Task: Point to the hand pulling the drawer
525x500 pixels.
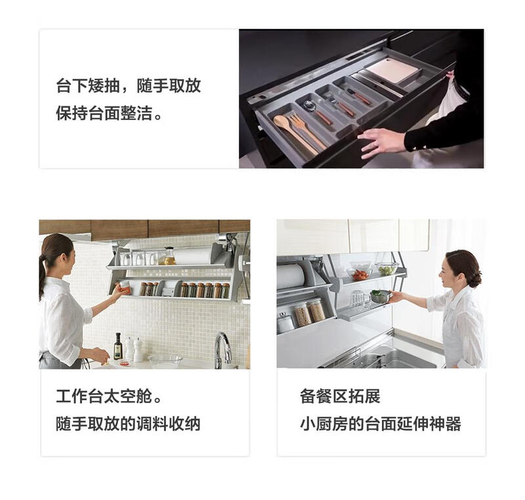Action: pos(381,140)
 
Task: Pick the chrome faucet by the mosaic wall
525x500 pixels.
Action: pos(222,348)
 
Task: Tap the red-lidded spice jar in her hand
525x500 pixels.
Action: pos(125,288)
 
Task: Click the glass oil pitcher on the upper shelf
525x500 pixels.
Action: pos(169,256)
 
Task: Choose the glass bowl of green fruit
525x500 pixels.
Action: pos(387,268)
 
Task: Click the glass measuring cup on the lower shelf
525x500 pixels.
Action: pos(358,299)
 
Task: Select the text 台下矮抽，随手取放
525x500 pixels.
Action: pos(128,86)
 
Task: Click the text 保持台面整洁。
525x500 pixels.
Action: pos(110,114)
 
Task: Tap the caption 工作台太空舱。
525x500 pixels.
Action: pos(109,396)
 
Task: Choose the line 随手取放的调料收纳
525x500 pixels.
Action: pos(128,423)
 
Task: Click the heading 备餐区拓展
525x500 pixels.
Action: pos(340,396)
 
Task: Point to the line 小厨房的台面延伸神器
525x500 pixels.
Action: pos(381,423)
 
